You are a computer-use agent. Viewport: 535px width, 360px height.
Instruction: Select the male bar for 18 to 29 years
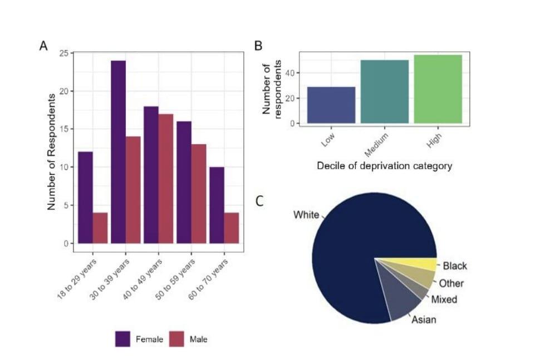click(x=100, y=228)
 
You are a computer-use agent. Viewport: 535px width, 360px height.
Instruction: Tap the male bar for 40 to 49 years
click(x=166, y=179)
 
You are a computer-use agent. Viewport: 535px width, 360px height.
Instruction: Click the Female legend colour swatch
click(x=122, y=338)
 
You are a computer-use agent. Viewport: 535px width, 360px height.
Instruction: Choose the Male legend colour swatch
click(x=176, y=338)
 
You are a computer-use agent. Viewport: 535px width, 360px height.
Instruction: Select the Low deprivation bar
click(x=331, y=105)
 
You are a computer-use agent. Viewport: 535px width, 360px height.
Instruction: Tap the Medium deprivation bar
click(x=385, y=92)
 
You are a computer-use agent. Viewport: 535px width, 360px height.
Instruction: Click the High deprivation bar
click(x=438, y=89)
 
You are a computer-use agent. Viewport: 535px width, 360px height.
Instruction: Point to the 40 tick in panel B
click(x=293, y=73)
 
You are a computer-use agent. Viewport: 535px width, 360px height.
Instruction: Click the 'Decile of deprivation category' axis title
click(x=384, y=166)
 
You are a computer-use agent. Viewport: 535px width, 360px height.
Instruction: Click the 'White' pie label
click(x=306, y=215)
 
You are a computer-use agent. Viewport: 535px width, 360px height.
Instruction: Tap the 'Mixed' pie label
click(x=444, y=299)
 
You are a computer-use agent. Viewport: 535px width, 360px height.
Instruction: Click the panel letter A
click(x=43, y=46)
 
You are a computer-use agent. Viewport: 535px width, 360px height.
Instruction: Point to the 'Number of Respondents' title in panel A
click(x=51, y=151)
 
